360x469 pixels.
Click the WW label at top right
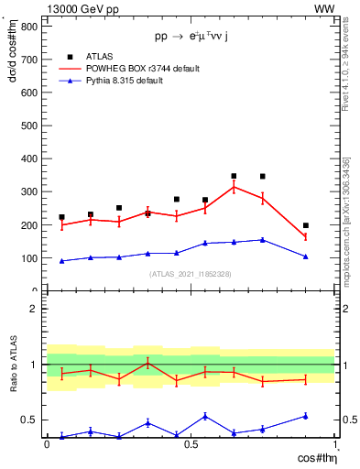pyautogui.click(x=324, y=8)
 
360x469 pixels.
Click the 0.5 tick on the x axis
pyautogui.click(x=191, y=443)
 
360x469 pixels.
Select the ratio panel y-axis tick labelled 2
pyautogui.click(x=33, y=309)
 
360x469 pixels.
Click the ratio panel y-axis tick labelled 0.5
pyautogui.click(x=29, y=420)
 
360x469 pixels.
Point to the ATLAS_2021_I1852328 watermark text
pyautogui.click(x=191, y=274)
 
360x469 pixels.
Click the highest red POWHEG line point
pyautogui.click(x=234, y=187)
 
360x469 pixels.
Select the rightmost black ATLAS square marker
pyautogui.click(x=306, y=225)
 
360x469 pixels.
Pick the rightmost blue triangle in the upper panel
pyautogui.click(x=306, y=256)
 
